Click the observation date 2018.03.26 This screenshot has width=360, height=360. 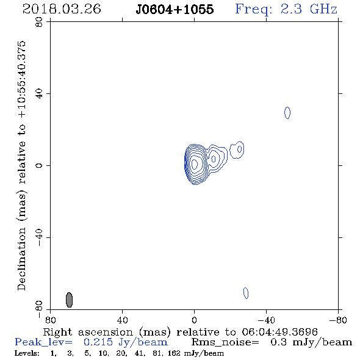[62, 9]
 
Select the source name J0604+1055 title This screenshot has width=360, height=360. [175, 9]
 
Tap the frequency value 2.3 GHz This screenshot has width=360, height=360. [309, 9]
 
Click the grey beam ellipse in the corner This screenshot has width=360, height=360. [69, 300]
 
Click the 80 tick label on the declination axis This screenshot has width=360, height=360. [39, 22]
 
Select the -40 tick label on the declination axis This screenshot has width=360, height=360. [39, 237]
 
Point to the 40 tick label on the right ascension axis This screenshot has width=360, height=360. [122, 320]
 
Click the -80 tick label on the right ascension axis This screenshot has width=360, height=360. [338, 320]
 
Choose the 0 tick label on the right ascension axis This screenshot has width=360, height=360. [194, 320]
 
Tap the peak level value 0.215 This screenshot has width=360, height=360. [98, 342]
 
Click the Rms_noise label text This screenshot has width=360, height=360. [225, 342]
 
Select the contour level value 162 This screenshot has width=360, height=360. [174, 353]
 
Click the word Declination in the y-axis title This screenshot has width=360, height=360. [21, 259]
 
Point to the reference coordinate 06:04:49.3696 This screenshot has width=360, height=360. [279, 332]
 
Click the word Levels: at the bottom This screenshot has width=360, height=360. [27, 353]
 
